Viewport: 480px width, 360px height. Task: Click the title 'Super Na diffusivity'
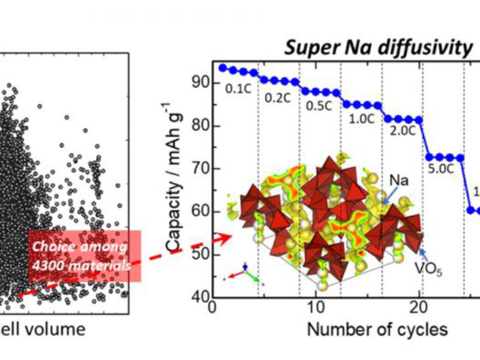(379, 48)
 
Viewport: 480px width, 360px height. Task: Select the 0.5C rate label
(320, 106)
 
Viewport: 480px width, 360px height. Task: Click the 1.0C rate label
(362, 118)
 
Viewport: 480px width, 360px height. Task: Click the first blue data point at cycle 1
(223, 68)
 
